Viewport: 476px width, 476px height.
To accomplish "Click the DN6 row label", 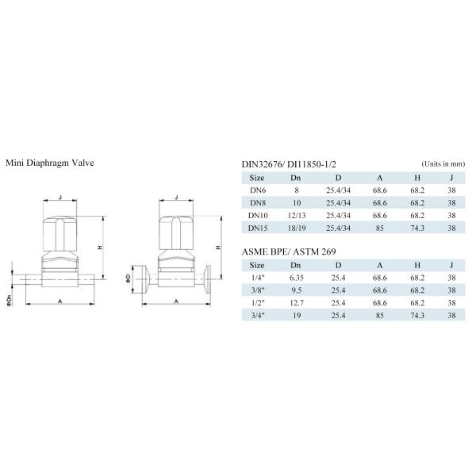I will coord(257,190).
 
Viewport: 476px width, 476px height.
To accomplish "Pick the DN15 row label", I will coord(257,228).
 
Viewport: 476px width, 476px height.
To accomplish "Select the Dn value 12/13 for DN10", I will coord(296,216).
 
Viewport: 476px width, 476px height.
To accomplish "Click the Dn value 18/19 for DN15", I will coord(296,228).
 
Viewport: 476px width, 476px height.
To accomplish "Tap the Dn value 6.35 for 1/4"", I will coord(296,278).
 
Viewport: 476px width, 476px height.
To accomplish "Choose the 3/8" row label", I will coord(257,290).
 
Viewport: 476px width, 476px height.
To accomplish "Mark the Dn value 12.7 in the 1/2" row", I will coord(296,303).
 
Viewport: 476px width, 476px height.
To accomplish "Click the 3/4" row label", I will coord(257,316).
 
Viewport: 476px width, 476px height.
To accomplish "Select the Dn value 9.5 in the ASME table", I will coord(296,290).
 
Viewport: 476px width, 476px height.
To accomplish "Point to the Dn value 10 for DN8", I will coord(296,203).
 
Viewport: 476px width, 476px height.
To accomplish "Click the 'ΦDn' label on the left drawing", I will coord(8,299).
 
